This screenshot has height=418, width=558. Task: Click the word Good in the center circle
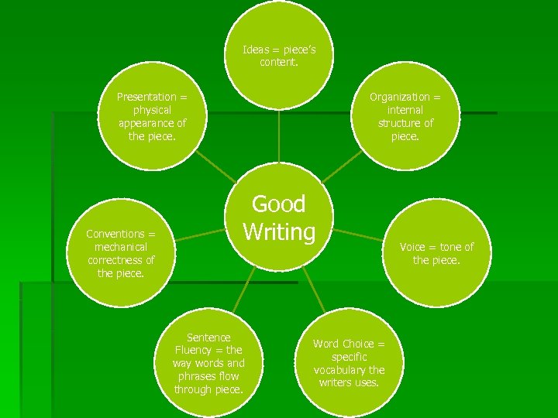279,204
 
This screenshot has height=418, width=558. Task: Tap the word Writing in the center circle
279,231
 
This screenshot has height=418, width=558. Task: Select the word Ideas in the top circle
257,50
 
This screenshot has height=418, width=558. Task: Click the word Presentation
146,97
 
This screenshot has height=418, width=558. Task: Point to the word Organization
399,97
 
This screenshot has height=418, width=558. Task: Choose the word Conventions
115,234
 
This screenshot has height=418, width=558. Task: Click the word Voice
412,247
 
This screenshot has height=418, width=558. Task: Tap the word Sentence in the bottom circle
208,337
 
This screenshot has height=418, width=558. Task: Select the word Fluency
192,350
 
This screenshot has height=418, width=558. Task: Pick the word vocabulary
339,370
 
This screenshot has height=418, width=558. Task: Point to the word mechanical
121,247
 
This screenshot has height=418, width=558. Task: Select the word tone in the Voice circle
450,247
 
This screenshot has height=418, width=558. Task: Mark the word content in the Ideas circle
278,63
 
